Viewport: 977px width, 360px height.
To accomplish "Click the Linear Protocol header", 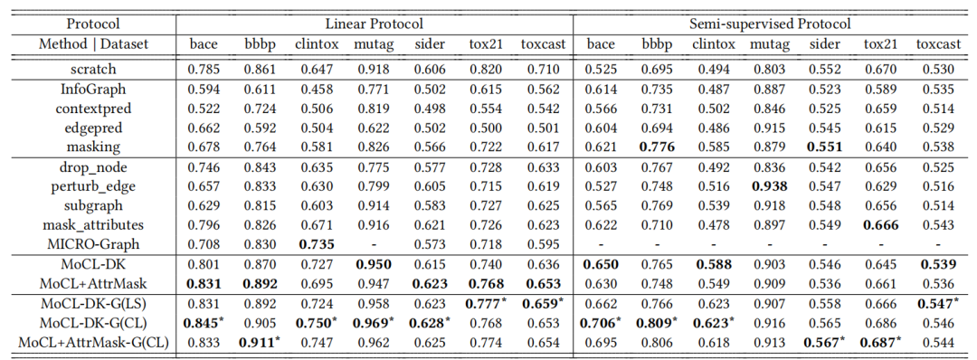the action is (375, 25).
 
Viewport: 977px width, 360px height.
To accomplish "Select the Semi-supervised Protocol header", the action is (771, 25).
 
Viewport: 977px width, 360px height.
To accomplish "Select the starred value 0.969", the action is (375, 323).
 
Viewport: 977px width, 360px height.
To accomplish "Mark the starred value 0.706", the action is (602, 323).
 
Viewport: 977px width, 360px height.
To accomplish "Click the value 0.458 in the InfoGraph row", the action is (313, 90).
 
